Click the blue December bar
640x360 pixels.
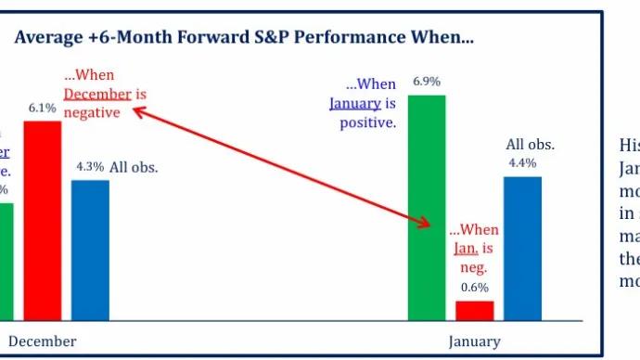90,250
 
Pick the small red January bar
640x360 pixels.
474,310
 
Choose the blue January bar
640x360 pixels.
522,248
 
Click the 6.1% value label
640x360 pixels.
43,109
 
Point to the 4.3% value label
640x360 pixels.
89,168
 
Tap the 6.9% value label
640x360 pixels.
427,82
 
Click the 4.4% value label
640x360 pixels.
522,162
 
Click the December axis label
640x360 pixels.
43,341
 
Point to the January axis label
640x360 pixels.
474,341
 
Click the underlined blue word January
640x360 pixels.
355,103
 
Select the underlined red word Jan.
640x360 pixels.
465,248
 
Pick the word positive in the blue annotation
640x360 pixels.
368,122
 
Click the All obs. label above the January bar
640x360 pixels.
530,144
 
